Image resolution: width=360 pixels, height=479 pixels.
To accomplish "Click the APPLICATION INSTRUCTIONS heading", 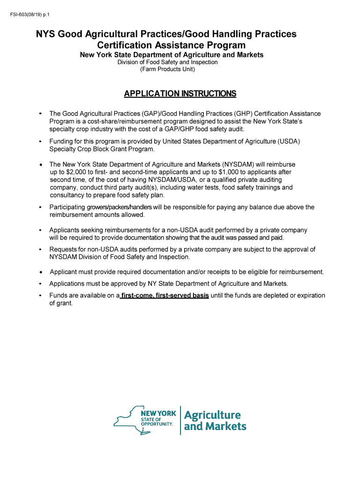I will point(180,94).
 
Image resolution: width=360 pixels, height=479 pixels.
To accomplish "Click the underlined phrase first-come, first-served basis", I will point(165,296).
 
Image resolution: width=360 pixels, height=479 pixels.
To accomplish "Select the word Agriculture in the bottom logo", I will point(212,415).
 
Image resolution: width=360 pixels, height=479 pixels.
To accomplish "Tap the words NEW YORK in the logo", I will point(158,413).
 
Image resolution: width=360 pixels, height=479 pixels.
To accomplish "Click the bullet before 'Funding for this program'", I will point(41,141).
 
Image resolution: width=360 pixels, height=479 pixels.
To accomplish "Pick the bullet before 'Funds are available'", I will point(41,296).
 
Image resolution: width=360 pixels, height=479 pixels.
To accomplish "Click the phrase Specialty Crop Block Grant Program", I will point(101,149).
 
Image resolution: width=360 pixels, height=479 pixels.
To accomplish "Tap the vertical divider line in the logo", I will point(180,420).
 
